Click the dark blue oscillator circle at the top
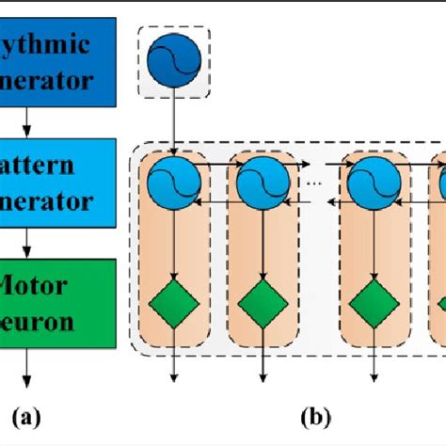pyautogui.click(x=174, y=60)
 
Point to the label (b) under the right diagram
pyautogui.click(x=312, y=414)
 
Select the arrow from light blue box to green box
pyautogui.click(x=27, y=248)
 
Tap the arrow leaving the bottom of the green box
pyautogui.click(x=27, y=368)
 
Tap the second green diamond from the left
pyautogui.click(x=261, y=304)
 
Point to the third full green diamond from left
pyautogui.click(x=370, y=304)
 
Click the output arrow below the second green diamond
pyautogui.click(x=261, y=362)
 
